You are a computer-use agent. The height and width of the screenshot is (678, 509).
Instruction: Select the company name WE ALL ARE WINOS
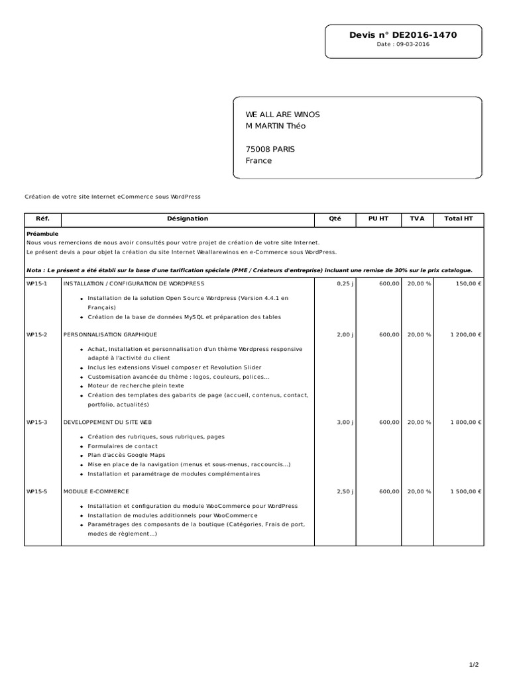point(282,115)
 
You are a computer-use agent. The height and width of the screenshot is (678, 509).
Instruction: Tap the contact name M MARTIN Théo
point(276,126)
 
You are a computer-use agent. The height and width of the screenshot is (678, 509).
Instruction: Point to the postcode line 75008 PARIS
point(270,149)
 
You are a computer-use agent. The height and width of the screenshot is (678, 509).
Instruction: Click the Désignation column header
point(188,218)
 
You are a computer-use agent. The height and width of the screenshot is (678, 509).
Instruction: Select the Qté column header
point(335,218)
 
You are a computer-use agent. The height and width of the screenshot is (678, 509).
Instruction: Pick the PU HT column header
point(378,218)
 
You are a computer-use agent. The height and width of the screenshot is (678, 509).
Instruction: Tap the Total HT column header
point(459,218)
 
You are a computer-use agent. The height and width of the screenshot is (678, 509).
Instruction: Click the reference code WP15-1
point(37,283)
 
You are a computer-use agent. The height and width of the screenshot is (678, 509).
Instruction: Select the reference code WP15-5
point(37,491)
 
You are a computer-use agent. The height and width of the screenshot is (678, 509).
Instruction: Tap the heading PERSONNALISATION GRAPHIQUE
point(111,334)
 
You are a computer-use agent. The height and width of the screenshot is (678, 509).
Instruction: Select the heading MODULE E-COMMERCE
point(96,491)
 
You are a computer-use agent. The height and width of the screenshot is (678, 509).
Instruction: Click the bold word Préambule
point(42,234)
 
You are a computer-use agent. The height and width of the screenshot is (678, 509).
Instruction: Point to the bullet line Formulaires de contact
point(123,446)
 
